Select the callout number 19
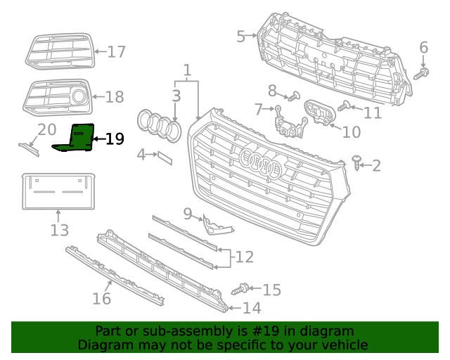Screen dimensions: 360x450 point(114,139)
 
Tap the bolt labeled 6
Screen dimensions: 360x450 point(423,72)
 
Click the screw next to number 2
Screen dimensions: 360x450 point(358,164)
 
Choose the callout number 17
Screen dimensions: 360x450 point(116,51)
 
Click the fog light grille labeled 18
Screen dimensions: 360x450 point(59,97)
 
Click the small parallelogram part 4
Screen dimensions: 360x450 point(164,157)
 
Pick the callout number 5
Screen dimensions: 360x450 point(240,35)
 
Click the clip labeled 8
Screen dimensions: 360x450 point(295,95)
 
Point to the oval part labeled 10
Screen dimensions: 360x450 point(318,114)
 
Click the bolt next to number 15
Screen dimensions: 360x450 point(238,288)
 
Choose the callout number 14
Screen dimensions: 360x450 point(251,308)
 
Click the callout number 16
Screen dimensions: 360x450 point(102,299)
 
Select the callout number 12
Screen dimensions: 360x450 point(244,257)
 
